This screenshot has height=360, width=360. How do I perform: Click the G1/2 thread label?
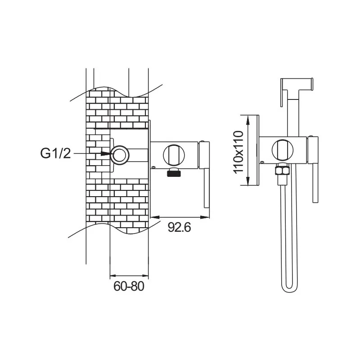pos(55,153)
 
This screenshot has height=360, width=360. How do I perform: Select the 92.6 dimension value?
pos(180,227)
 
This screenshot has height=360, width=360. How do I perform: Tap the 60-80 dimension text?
pos(129,286)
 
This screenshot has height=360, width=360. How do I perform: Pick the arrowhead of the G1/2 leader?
pos(107,153)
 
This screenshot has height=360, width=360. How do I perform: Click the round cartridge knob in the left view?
pos(173,154)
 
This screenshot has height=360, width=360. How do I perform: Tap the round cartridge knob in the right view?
pos(282,150)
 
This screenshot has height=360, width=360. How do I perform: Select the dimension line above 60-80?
pos(129,274)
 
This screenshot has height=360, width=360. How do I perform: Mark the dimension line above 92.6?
pos(180,218)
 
